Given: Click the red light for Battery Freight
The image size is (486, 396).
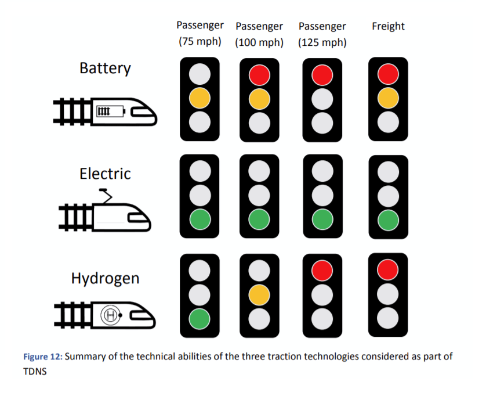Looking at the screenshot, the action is click(x=388, y=74).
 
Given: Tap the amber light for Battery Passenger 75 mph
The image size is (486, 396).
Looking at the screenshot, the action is click(x=200, y=98).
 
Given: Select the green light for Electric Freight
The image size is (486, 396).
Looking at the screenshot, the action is click(x=388, y=220).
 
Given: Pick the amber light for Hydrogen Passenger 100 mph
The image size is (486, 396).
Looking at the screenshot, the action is click(x=259, y=295).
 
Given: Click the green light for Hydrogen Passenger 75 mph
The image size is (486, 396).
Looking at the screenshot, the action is click(x=200, y=319).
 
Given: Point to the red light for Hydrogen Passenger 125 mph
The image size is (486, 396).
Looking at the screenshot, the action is click(x=322, y=271).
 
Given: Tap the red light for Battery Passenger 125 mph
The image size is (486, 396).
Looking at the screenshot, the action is click(x=322, y=75).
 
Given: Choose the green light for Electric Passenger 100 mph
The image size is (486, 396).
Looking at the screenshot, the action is click(x=259, y=219).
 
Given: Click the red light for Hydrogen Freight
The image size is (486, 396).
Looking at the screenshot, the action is click(x=388, y=269).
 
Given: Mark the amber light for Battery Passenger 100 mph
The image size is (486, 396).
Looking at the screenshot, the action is click(x=259, y=99).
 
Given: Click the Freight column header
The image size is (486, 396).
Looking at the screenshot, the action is click(x=388, y=26).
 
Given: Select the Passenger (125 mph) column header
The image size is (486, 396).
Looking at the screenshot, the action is click(x=322, y=34).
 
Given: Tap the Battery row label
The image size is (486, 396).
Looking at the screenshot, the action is click(x=105, y=69).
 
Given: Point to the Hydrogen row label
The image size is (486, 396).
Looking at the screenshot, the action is click(x=105, y=278).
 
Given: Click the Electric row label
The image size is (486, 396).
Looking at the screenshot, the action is click(x=105, y=174).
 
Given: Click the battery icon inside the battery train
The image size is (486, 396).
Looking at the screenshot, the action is click(x=111, y=111).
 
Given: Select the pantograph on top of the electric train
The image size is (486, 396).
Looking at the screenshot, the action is click(x=106, y=196).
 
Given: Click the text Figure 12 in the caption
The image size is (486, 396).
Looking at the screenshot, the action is click(x=43, y=357).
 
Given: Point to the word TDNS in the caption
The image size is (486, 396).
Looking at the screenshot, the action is click(x=35, y=372).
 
